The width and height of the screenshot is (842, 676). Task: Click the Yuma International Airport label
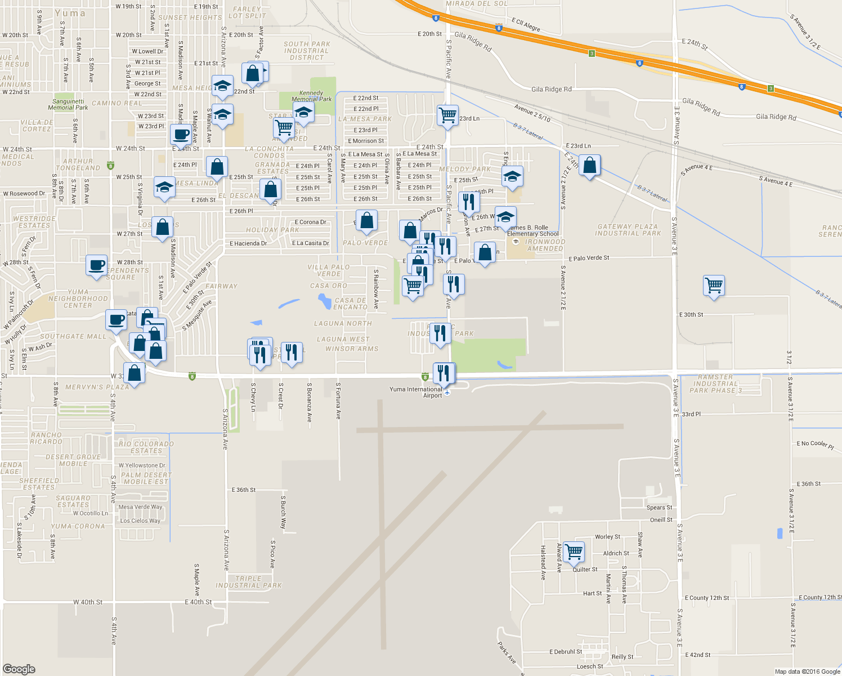coord(416,392)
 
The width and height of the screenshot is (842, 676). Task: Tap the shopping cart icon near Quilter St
coord(574,552)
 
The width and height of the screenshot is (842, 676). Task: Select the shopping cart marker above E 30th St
coord(714,285)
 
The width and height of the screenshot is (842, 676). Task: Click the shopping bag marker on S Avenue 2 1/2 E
coord(589,166)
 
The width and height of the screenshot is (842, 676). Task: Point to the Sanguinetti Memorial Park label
coord(68,105)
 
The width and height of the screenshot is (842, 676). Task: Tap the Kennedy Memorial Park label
coord(311,96)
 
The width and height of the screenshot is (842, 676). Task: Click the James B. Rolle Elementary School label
coord(533,231)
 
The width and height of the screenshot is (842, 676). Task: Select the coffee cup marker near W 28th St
coord(97,265)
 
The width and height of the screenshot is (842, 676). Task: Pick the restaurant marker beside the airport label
coord(444,373)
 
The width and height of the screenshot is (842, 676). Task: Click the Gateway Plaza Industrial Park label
coord(628,230)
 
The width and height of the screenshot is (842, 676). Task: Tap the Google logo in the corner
coord(19,669)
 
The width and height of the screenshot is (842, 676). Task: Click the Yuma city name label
coord(70,13)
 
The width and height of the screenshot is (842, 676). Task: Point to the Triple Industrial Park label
coord(248,582)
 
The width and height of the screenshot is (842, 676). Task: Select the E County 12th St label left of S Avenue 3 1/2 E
coord(706,598)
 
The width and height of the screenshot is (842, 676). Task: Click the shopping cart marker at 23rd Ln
coord(447,115)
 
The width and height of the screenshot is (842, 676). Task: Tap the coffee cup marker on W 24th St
coord(181,135)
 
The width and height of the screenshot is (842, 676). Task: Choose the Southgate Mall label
coord(73,336)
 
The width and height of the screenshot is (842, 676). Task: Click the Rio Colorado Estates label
coord(146,447)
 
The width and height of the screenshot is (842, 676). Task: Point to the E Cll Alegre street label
coord(526,25)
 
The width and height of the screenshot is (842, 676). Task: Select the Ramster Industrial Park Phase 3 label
coord(715,384)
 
